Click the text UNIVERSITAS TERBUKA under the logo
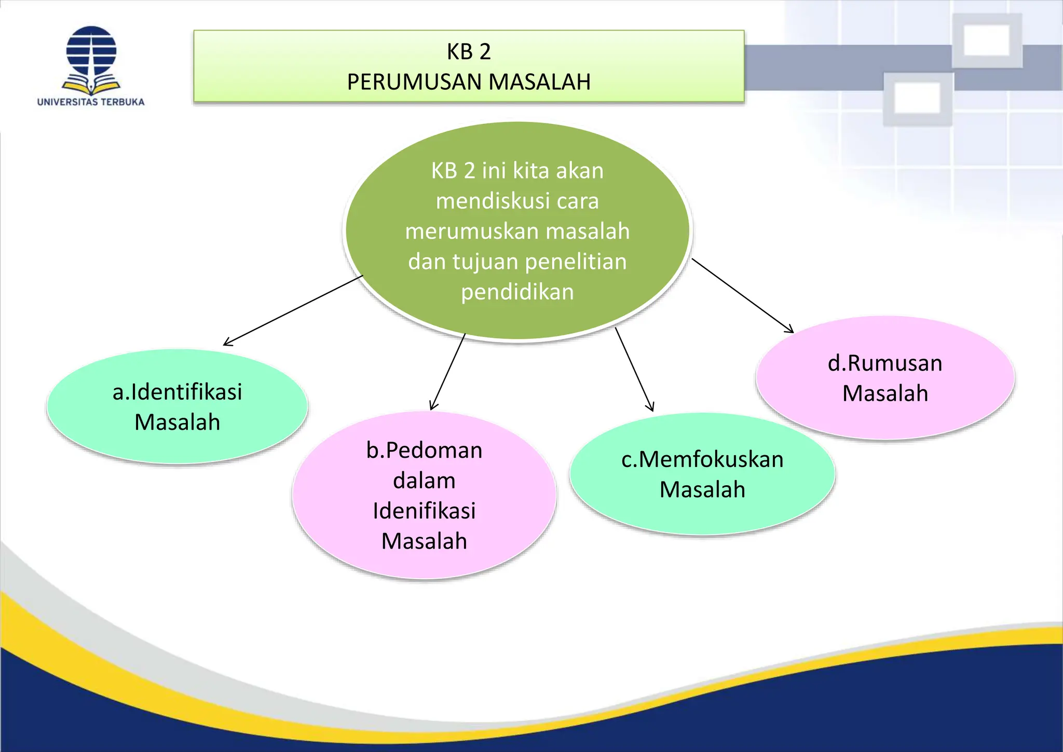click(91, 102)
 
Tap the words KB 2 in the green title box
click(469, 51)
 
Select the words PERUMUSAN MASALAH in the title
click(469, 82)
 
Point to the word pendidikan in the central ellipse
click(517, 292)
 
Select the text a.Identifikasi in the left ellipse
click(177, 392)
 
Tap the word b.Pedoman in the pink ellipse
click(424, 450)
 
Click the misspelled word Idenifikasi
click(424, 511)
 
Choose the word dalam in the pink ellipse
click(424, 481)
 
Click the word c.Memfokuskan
click(702, 459)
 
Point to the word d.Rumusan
click(885, 363)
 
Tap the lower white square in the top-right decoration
click(918, 98)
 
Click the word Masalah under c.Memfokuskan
click(702, 489)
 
